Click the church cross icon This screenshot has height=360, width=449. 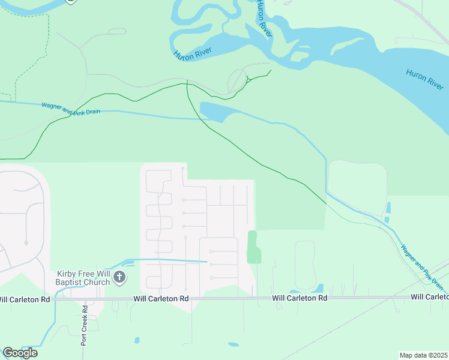click(119, 277)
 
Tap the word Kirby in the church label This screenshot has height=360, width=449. click(69, 273)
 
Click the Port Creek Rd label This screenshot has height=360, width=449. click(85, 325)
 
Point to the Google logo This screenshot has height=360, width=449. click(20, 352)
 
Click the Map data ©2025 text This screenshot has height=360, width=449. click(423, 355)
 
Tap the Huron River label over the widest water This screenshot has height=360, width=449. click(424, 79)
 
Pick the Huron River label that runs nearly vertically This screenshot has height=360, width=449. click(264, 19)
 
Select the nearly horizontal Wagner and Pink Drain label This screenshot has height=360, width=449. click(71, 109)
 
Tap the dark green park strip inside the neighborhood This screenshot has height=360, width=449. click(253, 247)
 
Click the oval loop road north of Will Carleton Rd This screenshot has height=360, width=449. click(305, 265)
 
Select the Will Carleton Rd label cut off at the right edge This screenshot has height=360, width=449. click(429, 297)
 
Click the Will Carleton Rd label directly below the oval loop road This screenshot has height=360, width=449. click(299, 298)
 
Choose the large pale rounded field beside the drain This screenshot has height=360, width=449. click(357, 183)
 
